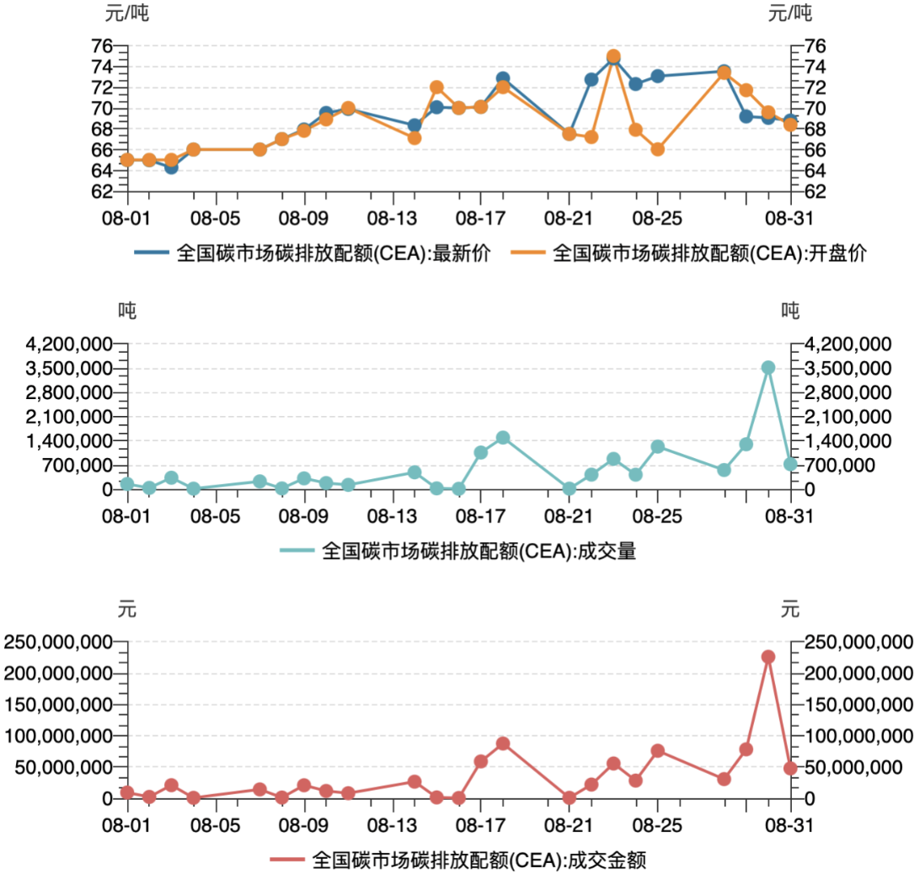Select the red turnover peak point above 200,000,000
(x=768, y=657)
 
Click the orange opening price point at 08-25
(x=657, y=149)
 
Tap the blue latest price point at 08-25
(x=657, y=77)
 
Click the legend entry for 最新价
(x=312, y=252)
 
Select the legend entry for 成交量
(x=458, y=552)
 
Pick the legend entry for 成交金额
(x=458, y=861)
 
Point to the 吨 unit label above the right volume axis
(x=789, y=311)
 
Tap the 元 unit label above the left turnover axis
(x=127, y=608)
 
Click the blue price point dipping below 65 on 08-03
(x=171, y=167)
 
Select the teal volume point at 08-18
(x=503, y=438)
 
